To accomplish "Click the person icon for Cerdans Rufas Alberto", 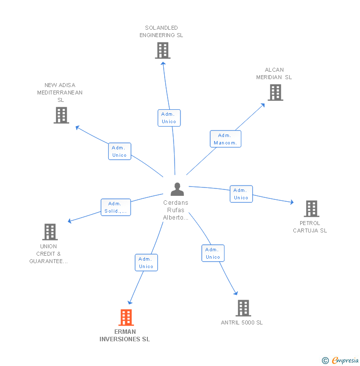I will [177, 189].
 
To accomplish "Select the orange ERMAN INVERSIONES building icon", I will [126, 318].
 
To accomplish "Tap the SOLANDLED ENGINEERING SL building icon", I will [162, 50].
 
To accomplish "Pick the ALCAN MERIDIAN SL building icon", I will [275, 92].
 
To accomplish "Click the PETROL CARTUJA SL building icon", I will [311, 209].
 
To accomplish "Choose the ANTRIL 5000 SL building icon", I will [243, 308].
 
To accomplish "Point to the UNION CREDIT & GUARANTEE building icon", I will [49, 232].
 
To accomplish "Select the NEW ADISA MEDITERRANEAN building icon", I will [61, 115].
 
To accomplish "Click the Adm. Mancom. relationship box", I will [225, 139].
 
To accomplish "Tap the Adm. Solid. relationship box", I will [115, 207].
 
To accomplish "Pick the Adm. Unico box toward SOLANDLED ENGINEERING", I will [169, 118].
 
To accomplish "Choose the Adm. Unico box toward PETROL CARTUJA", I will [241, 194].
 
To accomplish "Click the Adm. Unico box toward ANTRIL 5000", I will [213, 253].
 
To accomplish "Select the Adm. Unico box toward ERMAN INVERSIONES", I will [146, 263].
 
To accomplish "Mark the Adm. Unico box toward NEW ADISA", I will [120, 151].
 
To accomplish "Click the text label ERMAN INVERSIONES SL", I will [125, 335].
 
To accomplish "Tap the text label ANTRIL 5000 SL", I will [242, 322].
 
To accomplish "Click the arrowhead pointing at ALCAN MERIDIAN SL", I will [263, 104].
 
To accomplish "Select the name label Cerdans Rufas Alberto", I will [176, 210].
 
